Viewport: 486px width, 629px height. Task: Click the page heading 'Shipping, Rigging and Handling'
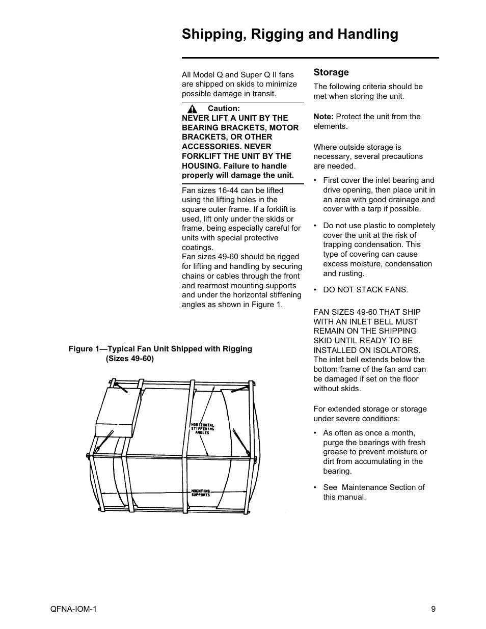coord(290,34)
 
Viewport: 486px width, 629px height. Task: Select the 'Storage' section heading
coord(331,72)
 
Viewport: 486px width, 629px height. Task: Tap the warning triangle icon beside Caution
coord(192,109)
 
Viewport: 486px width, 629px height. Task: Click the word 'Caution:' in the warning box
coord(223,108)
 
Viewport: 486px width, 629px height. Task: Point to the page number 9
coord(433,609)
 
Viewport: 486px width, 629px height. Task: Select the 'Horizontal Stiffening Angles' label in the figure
coord(203,428)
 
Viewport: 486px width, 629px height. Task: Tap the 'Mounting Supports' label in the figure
coord(200,493)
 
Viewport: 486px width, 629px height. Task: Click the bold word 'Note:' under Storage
coord(323,117)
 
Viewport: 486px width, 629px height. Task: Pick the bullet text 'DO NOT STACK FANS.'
coord(365,290)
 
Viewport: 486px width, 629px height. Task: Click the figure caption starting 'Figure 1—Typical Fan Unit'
coord(160,349)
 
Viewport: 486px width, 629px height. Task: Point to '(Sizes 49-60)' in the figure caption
coord(129,359)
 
